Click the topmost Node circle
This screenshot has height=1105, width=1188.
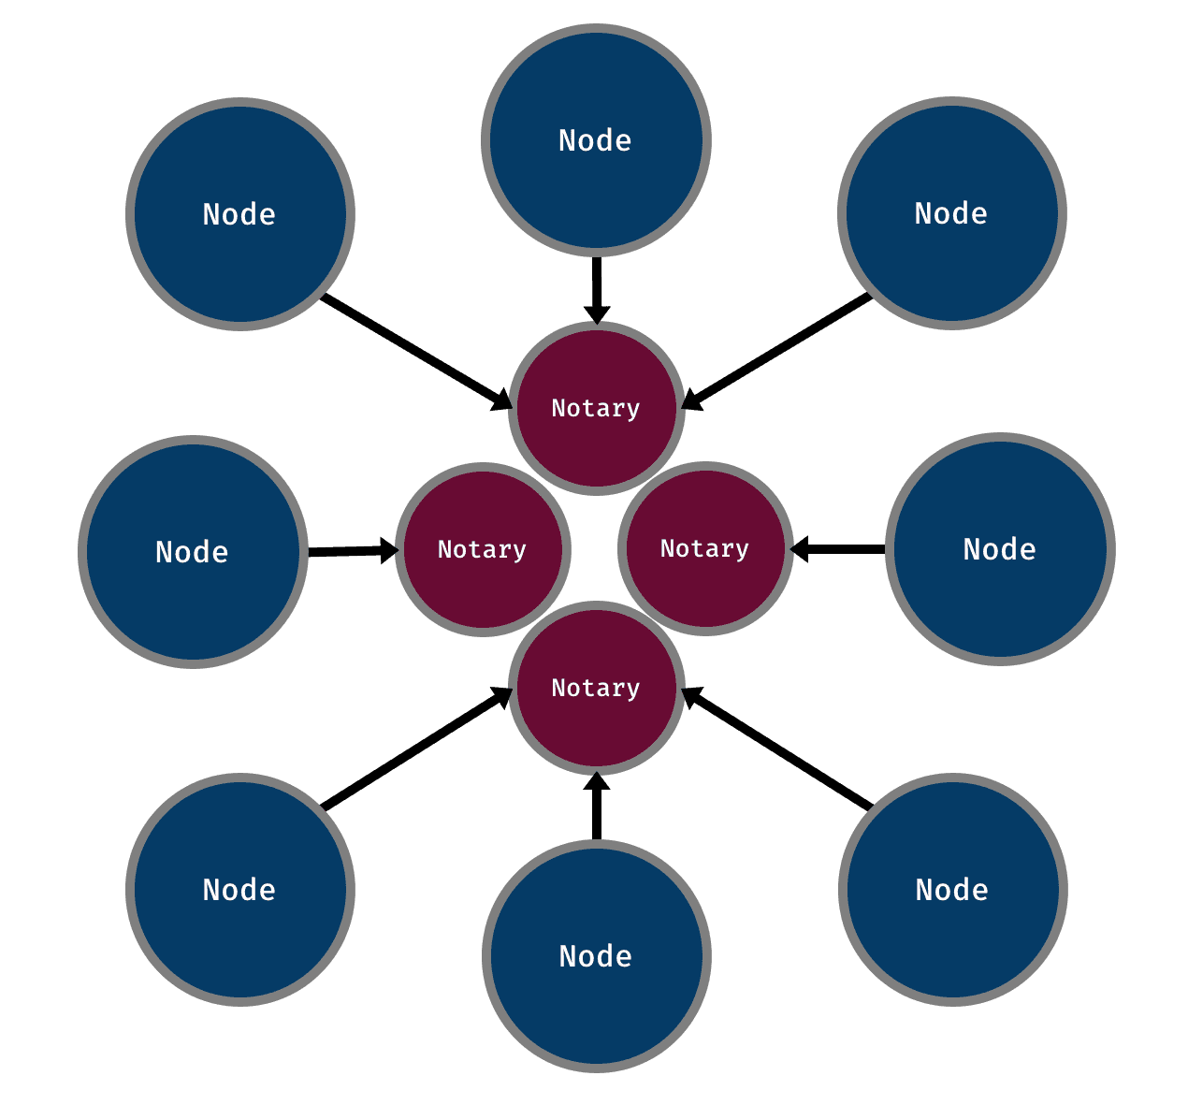tap(596, 140)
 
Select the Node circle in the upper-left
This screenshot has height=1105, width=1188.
tap(240, 214)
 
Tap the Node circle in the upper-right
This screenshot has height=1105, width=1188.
tap(951, 213)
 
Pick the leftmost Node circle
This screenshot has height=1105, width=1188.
tap(193, 552)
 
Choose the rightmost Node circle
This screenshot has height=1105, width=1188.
tap(1000, 549)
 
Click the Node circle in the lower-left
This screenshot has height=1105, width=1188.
tap(240, 890)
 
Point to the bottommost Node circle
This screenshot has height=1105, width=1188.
tap(596, 956)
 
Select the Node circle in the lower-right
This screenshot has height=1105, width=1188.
tap(952, 890)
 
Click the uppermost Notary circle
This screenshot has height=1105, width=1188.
tap(596, 408)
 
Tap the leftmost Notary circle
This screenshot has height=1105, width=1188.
tap(483, 549)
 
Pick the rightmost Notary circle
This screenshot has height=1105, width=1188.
tap(705, 548)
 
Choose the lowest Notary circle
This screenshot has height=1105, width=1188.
tap(596, 689)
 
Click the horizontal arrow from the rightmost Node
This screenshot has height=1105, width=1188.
tap(838, 549)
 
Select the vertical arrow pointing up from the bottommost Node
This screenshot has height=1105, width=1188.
tap(596, 807)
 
